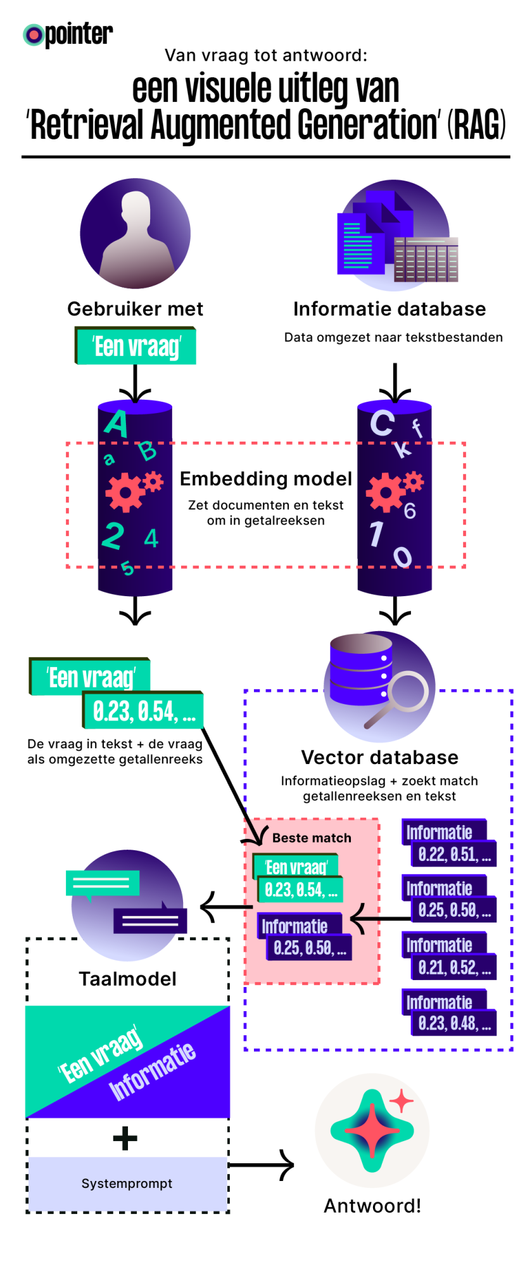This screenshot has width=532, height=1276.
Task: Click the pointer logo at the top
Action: coord(68,35)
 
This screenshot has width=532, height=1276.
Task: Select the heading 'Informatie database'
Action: coord(389,309)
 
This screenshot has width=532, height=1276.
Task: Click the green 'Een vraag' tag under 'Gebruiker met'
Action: coord(136,347)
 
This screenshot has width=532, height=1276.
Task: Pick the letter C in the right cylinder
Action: coord(382,423)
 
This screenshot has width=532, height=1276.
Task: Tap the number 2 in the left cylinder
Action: coord(113,536)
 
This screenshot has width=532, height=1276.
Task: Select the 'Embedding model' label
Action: coord(266,479)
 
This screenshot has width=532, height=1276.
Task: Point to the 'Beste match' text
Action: coord(312,838)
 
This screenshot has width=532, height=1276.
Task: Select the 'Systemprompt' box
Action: coord(127,1183)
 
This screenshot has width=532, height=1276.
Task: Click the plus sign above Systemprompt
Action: coord(125,1138)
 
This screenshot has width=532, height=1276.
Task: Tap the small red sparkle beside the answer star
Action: coord(401,1102)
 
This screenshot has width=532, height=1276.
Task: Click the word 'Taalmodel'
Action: coord(127,979)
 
